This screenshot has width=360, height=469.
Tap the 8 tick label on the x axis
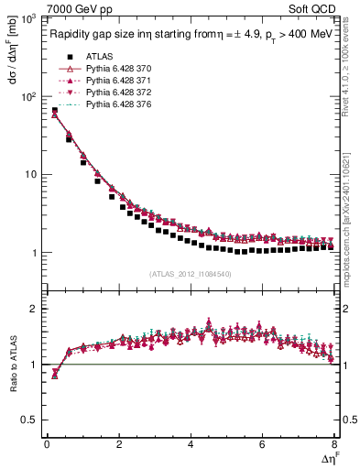click(333, 444)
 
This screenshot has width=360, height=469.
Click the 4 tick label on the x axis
click(190, 444)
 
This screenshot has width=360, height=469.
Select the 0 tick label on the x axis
click(47, 444)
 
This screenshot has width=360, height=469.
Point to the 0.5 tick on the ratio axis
click(31, 420)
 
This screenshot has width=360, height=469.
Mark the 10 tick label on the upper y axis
click(29, 174)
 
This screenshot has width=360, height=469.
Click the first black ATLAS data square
click(55, 111)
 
